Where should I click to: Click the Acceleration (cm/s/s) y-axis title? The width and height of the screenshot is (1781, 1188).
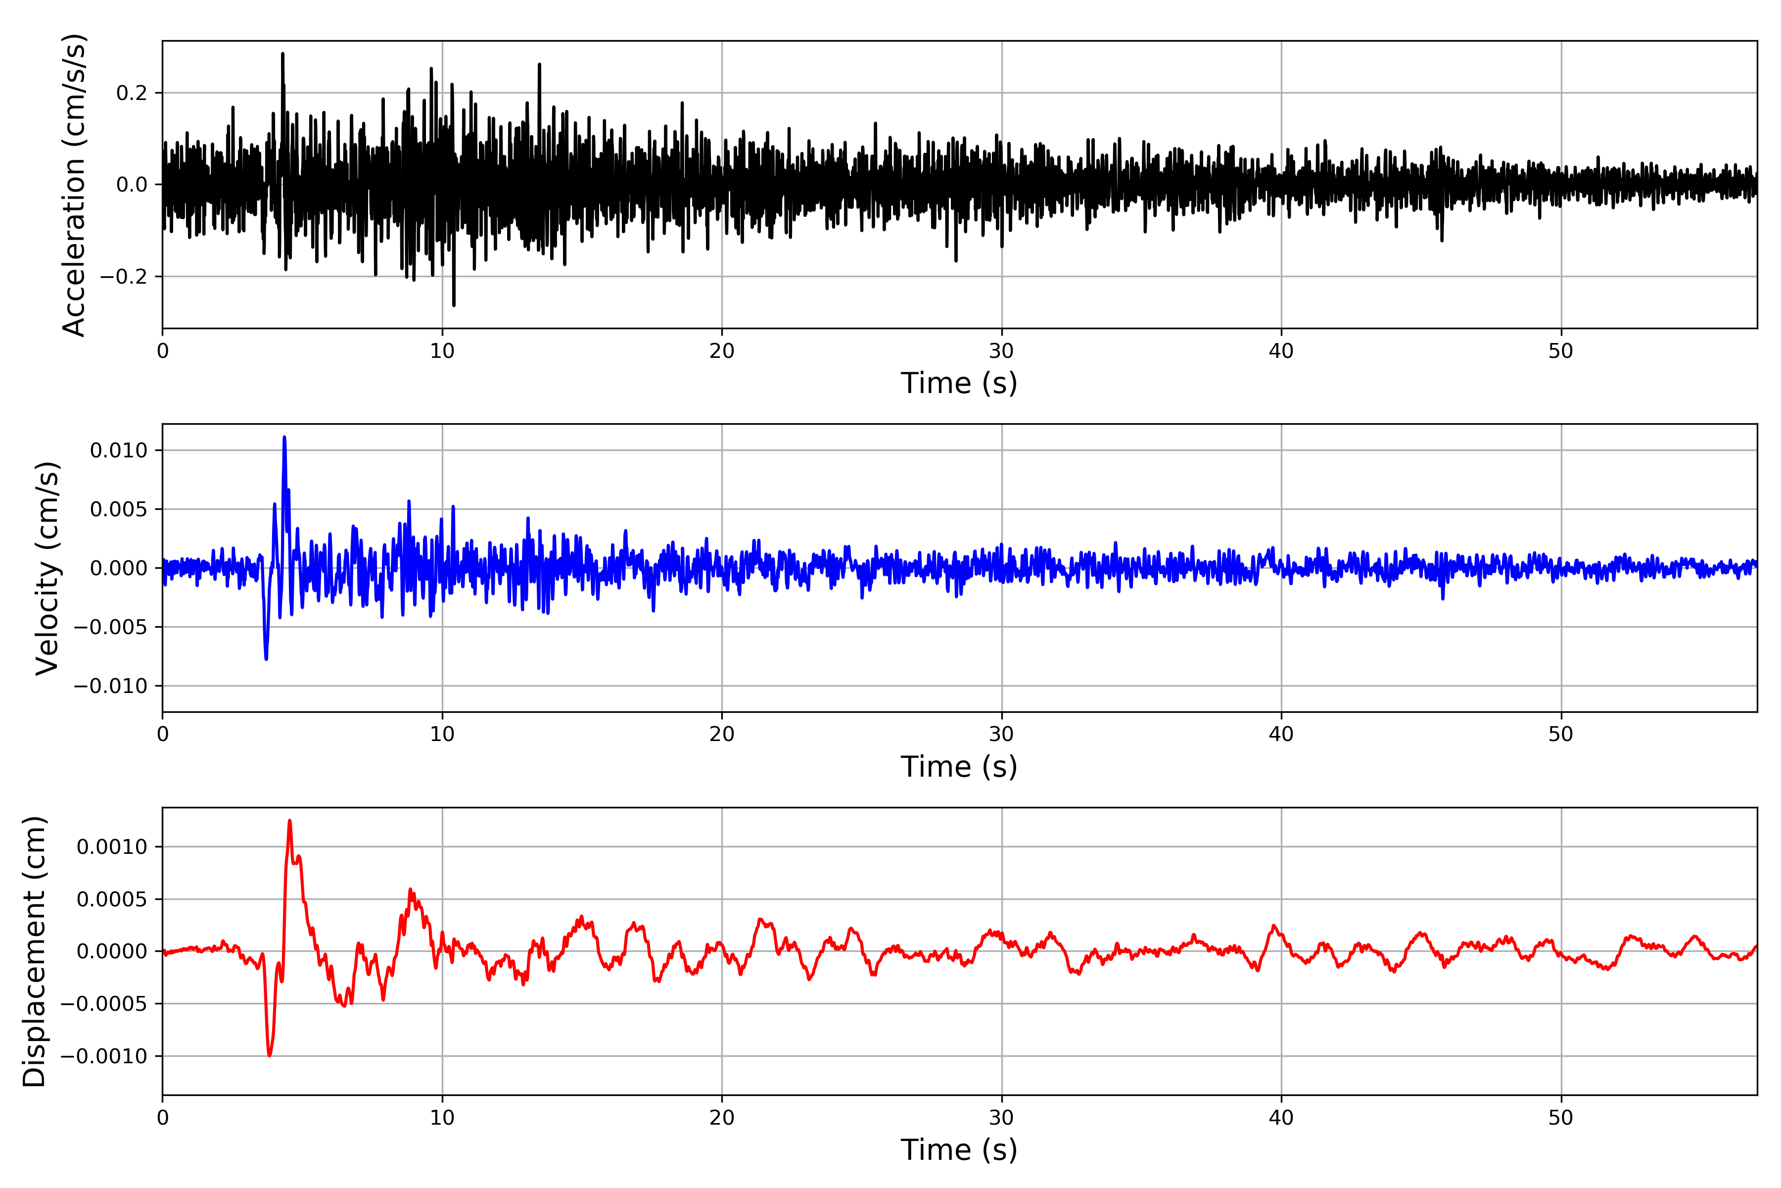click(x=74, y=185)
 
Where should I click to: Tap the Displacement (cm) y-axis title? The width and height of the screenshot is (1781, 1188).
click(x=34, y=951)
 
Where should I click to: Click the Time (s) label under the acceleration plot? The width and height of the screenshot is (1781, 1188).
click(x=959, y=383)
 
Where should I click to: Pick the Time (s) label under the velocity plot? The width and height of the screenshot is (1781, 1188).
click(x=959, y=767)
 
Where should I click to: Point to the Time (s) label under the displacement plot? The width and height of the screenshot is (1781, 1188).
click(x=959, y=1150)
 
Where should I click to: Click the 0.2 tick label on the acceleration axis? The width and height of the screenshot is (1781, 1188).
click(x=132, y=93)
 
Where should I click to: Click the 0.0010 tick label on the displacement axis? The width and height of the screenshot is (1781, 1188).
click(x=112, y=847)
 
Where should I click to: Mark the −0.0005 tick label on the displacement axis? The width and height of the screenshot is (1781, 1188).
click(x=104, y=1004)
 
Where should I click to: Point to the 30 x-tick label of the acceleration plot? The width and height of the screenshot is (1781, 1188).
click(x=1001, y=351)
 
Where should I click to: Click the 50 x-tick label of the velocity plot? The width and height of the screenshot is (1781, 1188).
click(x=1561, y=734)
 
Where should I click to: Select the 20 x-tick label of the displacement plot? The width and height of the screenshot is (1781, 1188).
click(x=722, y=1118)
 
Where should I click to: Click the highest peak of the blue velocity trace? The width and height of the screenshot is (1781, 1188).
click(x=284, y=437)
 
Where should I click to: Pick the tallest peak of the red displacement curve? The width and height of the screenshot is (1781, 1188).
click(x=289, y=821)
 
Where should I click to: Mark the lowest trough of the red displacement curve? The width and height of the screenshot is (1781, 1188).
click(x=269, y=1055)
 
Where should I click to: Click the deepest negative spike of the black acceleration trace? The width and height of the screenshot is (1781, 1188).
click(x=454, y=305)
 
